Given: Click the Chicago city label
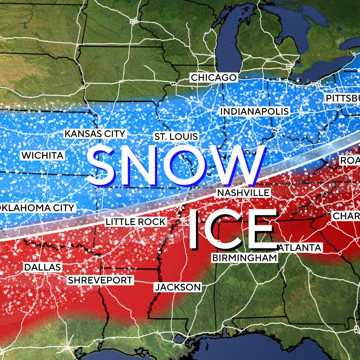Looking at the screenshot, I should coord(214,78).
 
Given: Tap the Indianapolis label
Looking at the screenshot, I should coord(254,112).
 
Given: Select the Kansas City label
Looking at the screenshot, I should coord(94,134).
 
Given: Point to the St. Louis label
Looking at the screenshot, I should coord(176,137).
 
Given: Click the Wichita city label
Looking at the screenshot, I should coord(43,155).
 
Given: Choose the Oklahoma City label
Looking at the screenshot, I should coord(37,208).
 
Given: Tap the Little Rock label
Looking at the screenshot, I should coord(135,222).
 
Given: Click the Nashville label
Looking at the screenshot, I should coord(243,193).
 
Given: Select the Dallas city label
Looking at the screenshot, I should coord(42,267).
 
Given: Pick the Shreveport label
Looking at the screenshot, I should coord(100,280).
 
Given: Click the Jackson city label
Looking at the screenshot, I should coord(178,287).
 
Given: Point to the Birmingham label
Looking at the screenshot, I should coord(245,258).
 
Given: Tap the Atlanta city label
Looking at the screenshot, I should coord(300,248).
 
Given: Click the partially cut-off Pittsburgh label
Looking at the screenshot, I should coord(342,99).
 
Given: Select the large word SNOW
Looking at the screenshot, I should coord(176,166).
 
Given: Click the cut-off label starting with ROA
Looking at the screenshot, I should coord(349,161).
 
